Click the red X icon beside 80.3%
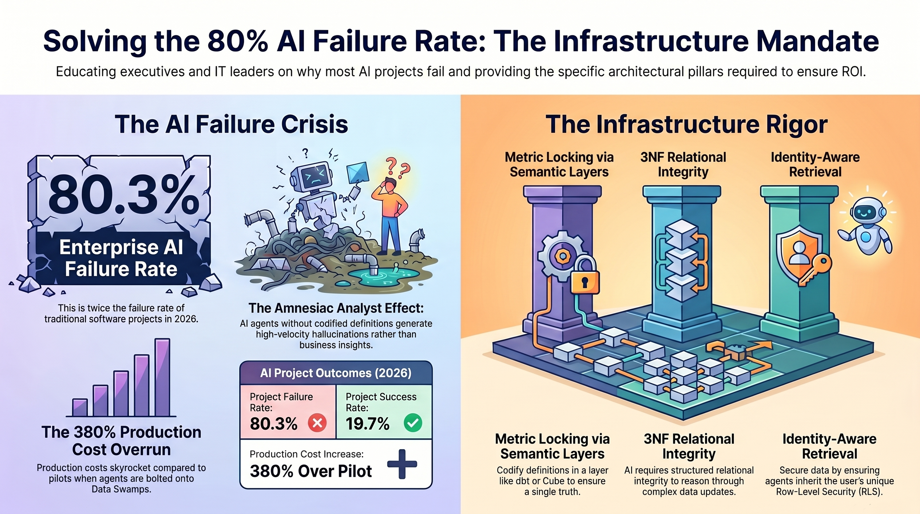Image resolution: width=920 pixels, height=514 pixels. tap(317, 423)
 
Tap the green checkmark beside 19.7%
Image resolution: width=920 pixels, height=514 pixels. tap(413, 423)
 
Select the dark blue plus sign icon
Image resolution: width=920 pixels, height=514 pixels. tap(402, 464)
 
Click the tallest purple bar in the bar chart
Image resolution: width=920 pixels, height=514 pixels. tap(162, 377)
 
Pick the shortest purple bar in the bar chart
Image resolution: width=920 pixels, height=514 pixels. tap(80, 408)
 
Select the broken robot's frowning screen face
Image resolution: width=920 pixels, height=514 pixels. tap(314, 175)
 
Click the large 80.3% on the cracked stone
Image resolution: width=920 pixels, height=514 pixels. tap(124, 195)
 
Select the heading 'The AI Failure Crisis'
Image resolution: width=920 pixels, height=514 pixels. tap(231, 124)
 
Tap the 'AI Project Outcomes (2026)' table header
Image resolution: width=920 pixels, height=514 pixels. tap(336, 373)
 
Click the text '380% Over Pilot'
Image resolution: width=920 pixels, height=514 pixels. tap(311, 471)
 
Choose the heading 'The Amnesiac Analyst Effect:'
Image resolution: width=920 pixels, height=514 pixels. tap(336, 308)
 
